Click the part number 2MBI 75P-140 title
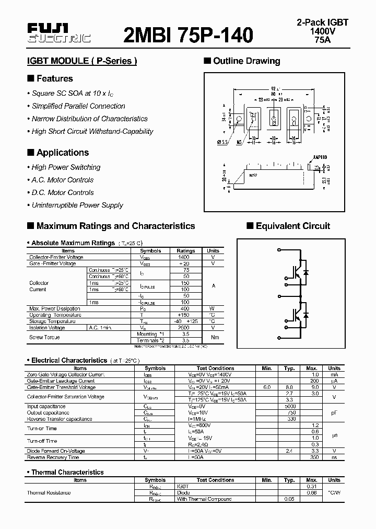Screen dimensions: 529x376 (x=188, y=34)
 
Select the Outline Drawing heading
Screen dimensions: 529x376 (x=246, y=61)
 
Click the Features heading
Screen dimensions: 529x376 (x=54, y=78)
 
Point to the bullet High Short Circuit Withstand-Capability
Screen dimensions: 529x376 (x=92, y=131)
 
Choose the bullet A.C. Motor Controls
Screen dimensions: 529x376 (x=63, y=180)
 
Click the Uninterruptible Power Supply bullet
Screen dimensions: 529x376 (x=77, y=205)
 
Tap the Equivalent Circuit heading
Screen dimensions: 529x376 (x=292, y=226)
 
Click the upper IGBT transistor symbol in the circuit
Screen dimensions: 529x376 (x=296, y=273)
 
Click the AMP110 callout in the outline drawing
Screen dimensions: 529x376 (x=320, y=157)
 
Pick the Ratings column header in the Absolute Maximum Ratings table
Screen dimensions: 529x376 (x=186, y=251)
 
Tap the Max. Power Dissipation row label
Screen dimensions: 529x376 (x=55, y=308)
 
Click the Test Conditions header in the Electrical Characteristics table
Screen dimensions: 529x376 (x=215, y=368)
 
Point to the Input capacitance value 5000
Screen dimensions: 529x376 (x=290, y=406)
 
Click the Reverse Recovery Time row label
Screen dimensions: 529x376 (x=53, y=457)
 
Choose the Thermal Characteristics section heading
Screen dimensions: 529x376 (x=67, y=472)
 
